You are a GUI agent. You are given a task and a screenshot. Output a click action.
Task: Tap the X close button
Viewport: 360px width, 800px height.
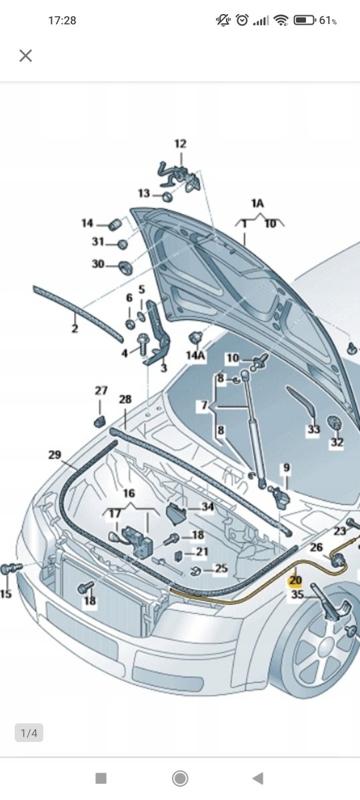(26, 56)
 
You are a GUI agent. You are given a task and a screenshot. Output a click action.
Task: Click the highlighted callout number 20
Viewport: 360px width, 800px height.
(295, 581)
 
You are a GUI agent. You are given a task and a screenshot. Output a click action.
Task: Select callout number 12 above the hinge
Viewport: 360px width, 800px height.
(181, 144)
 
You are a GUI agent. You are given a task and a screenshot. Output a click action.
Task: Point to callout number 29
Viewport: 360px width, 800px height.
(55, 455)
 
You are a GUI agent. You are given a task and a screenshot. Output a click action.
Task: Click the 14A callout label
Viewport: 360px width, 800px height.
(196, 355)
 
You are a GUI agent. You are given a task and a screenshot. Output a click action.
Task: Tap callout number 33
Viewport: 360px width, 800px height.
(313, 429)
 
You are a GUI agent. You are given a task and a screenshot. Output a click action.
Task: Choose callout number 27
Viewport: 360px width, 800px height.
(101, 391)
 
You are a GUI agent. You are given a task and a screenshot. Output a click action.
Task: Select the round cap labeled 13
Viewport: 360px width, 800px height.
(167, 196)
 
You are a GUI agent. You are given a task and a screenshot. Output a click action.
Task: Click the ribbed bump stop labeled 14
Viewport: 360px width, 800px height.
(115, 224)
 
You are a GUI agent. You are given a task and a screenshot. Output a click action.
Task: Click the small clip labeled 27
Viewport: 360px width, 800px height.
(99, 421)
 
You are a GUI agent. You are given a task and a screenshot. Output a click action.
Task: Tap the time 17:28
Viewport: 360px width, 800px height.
(62, 21)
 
